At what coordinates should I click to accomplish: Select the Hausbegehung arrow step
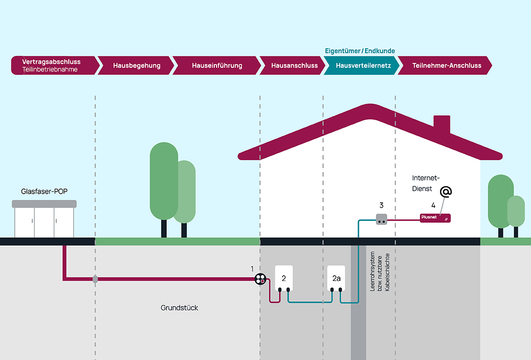(137, 65)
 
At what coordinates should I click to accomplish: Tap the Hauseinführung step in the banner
(217, 65)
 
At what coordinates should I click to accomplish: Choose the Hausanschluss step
(294, 65)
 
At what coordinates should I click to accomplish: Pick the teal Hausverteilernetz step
(363, 65)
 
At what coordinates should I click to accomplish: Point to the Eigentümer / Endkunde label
(360, 51)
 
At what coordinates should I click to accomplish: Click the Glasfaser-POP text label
(44, 192)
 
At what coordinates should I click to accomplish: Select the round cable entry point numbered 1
(260, 279)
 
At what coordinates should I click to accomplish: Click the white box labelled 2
(284, 278)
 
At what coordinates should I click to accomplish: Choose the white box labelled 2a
(336, 278)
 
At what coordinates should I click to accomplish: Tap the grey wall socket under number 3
(382, 219)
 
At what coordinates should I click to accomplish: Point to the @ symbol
(446, 191)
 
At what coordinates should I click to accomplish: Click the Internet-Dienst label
(426, 183)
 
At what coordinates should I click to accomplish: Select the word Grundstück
(179, 308)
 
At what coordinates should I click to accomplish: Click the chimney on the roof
(442, 125)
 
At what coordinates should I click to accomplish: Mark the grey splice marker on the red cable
(95, 279)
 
